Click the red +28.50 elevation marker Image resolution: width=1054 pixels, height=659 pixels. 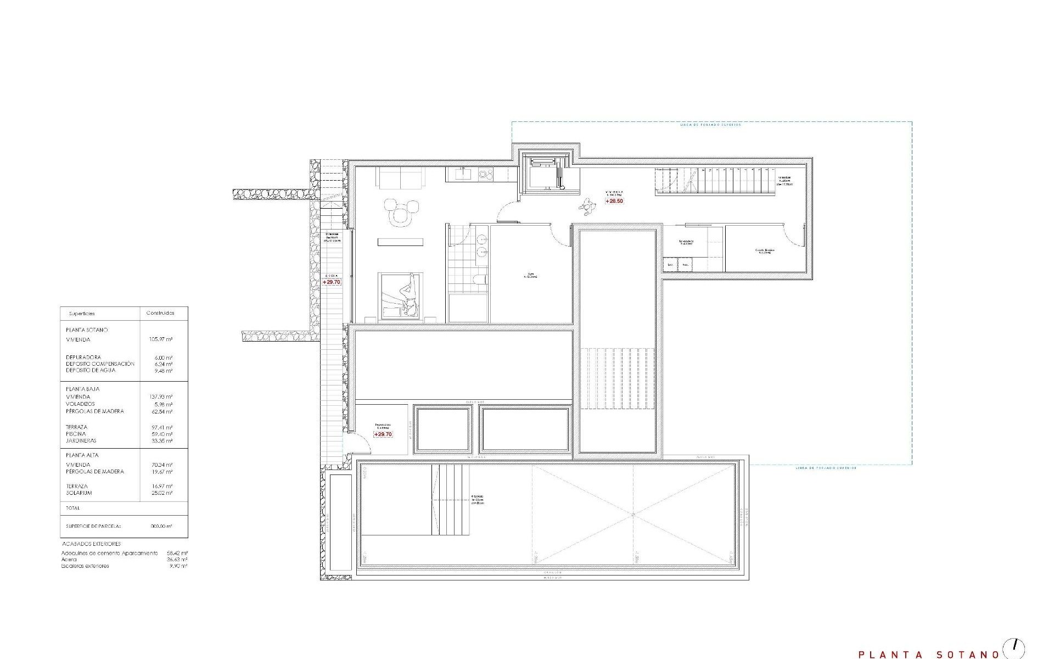pos(614,201)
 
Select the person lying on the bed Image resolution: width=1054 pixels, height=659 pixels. pos(407,297)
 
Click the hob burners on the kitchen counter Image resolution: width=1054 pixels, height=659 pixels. pos(486,175)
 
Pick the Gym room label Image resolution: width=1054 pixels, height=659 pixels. pos(531,276)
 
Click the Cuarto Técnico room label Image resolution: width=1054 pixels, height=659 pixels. pos(764,251)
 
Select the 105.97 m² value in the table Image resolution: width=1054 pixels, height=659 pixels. pos(161,339)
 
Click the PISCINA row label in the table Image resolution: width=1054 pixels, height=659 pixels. pos(76,434)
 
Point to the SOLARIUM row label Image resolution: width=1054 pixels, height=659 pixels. pos(79,493)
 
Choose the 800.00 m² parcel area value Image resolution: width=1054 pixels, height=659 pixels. pos(161,526)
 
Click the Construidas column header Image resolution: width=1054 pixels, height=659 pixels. pos(160,313)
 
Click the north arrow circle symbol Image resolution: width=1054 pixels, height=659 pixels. pos(1013,646)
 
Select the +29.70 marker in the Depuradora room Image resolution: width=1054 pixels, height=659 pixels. pos(383,434)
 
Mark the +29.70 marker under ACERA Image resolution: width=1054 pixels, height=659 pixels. pos(332,282)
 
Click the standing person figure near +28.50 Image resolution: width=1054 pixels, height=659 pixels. pos(588,206)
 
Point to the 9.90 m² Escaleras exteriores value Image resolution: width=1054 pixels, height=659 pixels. pos(180,566)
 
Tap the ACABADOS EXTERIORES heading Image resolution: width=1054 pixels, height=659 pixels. pos(92,544)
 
